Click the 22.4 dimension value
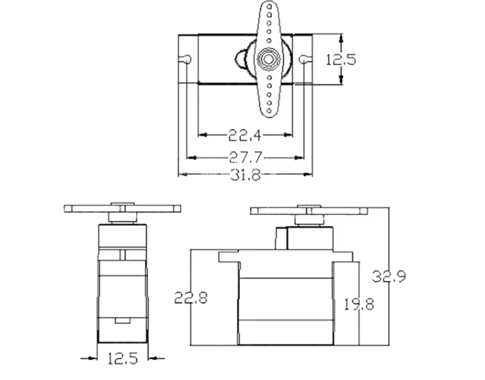(245, 135)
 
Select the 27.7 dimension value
(245, 157)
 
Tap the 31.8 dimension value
(245, 175)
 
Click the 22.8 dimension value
(191, 298)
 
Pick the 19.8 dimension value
(359, 304)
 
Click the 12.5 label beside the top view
(341, 60)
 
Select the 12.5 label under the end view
(123, 359)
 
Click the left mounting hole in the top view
(187, 59)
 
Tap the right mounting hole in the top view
(303, 59)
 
